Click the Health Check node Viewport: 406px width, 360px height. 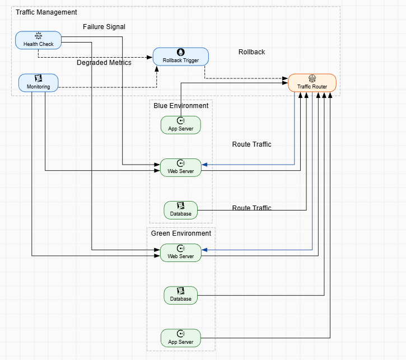[x=38, y=40]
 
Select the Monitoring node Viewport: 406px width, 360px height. [x=38, y=83]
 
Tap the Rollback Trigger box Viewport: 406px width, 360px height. [x=180, y=57]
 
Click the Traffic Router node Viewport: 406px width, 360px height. [x=312, y=83]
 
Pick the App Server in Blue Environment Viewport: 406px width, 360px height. [x=180, y=125]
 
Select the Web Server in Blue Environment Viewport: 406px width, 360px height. [x=180, y=167]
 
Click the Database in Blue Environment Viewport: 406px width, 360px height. [x=180, y=210]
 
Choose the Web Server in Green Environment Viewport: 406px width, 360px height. [x=180, y=253]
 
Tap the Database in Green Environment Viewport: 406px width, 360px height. [x=180, y=295]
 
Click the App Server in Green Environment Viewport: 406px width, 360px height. [x=180, y=338]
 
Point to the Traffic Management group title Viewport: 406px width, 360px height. [x=46, y=12]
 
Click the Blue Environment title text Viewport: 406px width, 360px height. [x=181, y=106]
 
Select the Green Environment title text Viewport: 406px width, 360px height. [x=181, y=233]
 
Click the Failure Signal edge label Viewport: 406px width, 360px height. [x=104, y=27]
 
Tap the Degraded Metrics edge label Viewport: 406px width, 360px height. [x=104, y=63]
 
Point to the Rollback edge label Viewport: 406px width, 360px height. [x=251, y=52]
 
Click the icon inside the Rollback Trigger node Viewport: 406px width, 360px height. [x=180, y=52]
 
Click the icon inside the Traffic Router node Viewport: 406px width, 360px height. [x=312, y=78]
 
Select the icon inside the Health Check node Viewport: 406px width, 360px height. [x=38, y=36]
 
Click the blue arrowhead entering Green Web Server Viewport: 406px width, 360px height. [x=204, y=250]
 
